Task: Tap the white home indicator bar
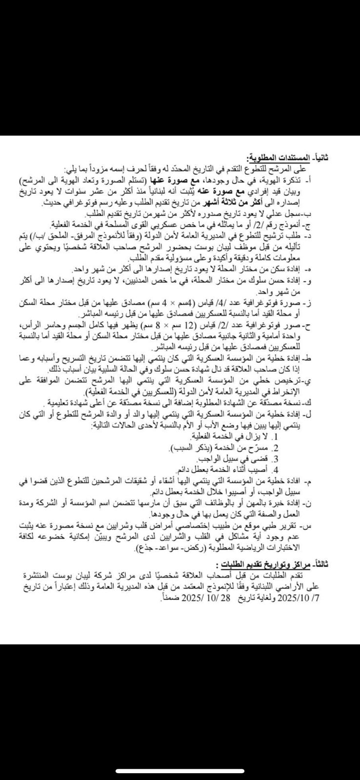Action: pyautogui.click(x=180, y=771)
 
